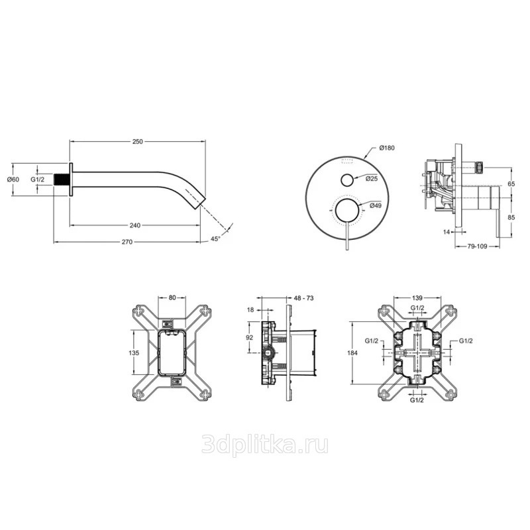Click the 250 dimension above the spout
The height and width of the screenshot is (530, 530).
[x=138, y=142]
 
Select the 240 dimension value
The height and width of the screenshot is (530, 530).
[x=135, y=225]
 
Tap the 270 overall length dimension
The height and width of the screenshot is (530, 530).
[x=127, y=242]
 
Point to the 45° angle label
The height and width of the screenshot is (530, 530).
[x=215, y=238]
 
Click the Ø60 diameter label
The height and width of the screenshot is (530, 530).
[x=13, y=180]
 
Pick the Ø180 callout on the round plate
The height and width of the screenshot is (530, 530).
[x=387, y=148]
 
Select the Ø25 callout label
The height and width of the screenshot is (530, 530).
[x=372, y=179]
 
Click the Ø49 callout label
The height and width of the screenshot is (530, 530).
[x=376, y=205]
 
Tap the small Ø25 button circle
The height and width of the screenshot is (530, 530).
[x=347, y=180]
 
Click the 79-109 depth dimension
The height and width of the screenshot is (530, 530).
[x=477, y=246]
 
